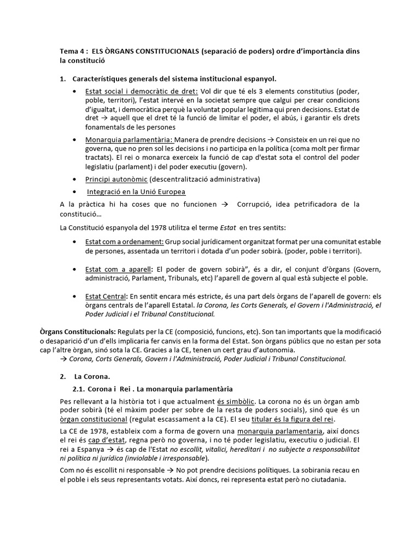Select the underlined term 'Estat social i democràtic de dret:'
[x=141, y=91]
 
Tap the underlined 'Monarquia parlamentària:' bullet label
[x=130, y=140]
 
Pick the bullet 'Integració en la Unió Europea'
[x=136, y=192]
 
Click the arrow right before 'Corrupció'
[x=224, y=205]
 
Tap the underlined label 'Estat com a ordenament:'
[x=125, y=242]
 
